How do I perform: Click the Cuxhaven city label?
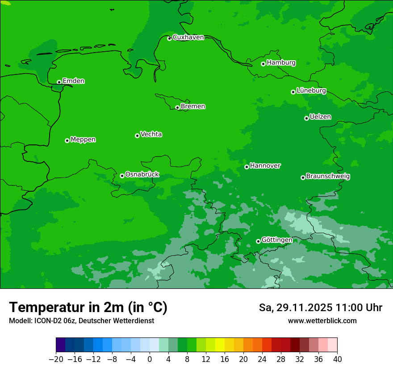coord(188,37)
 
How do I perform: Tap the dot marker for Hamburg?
coord(263,64)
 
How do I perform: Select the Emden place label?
coord(73,81)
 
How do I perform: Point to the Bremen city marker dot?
coord(177,107)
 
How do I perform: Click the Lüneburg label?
coord(311,90)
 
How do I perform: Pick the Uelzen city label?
coord(320,117)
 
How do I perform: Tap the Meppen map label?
coord(83,140)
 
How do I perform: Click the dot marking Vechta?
coord(137,136)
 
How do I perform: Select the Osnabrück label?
coord(142,175)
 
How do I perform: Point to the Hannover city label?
coord(265,166)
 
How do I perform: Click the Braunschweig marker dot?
coord(303,177)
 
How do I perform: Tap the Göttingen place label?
coord(277,240)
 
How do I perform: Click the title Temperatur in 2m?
coord(88,308)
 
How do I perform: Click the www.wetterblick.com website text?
coord(322,321)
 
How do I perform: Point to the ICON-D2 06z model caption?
coord(81,321)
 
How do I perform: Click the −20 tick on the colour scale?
coord(56,359)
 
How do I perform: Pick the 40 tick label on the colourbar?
coord(337,359)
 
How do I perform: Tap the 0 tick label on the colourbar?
coord(150,359)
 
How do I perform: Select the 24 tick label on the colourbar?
coord(262,359)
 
